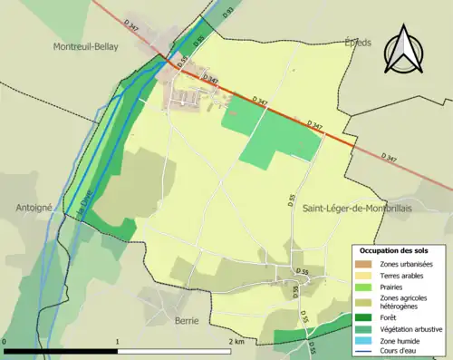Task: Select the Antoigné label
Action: pos(34,207)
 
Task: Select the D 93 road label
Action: pos(228,12)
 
